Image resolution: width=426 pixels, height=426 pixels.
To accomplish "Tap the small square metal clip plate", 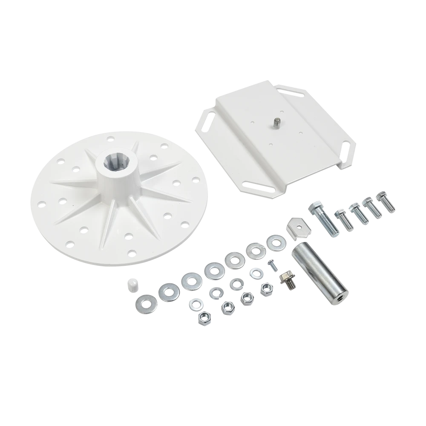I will [300, 228].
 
